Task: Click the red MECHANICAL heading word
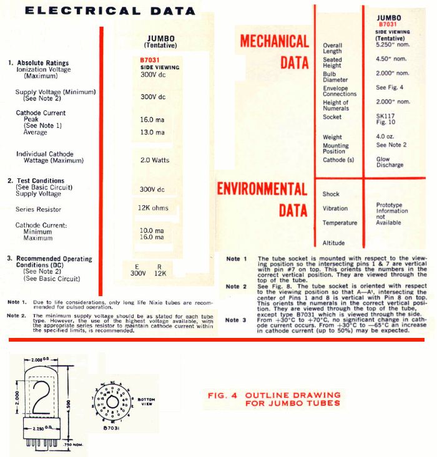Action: [x=275, y=42]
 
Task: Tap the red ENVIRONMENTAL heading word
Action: [x=262, y=189]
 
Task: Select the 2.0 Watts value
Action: [x=154, y=160]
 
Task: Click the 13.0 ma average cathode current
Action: [x=152, y=132]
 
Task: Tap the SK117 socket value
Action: [x=385, y=117]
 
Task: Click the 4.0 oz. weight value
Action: [x=385, y=137]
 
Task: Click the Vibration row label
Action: [x=335, y=209]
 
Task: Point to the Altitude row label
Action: [x=333, y=243]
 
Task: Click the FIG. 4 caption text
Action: [x=274, y=399]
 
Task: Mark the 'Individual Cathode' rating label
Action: [x=44, y=154]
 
